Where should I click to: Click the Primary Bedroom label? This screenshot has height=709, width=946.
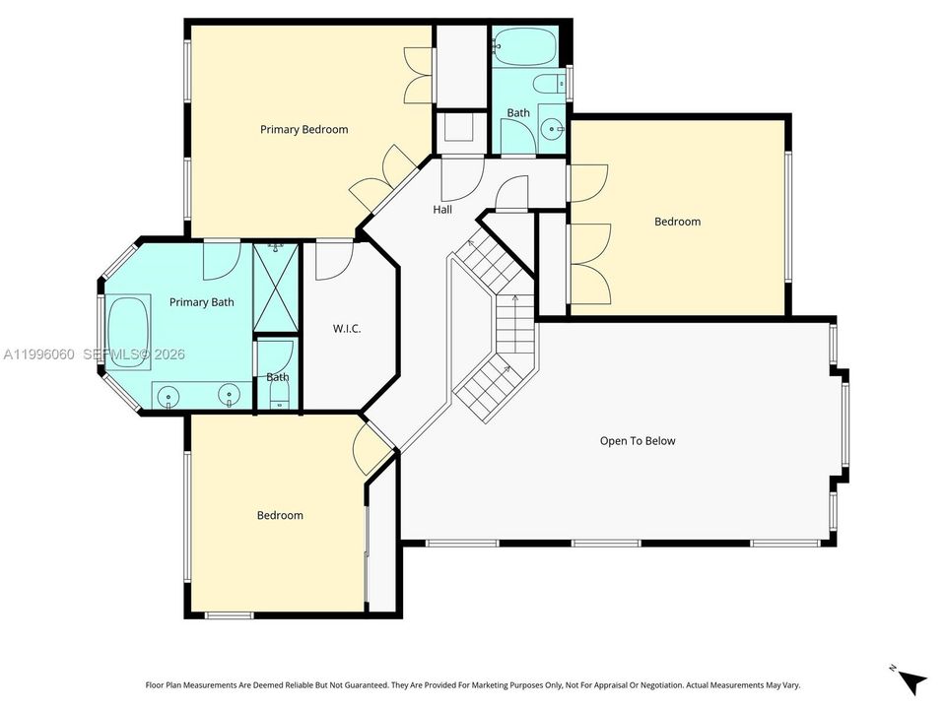[304, 130]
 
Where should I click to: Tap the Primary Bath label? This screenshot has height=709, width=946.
[201, 302]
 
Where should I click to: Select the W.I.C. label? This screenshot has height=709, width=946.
[347, 329]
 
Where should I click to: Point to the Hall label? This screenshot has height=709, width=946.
[442, 210]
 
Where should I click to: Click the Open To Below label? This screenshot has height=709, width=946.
[638, 441]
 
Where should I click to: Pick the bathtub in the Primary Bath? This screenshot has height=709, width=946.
[128, 332]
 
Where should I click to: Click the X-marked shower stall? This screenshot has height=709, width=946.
[276, 287]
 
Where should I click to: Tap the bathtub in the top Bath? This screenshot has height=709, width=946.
[525, 46]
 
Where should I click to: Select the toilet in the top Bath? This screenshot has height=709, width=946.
[550, 83]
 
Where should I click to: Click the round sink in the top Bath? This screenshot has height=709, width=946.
[552, 129]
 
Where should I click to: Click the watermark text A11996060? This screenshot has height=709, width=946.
[39, 354]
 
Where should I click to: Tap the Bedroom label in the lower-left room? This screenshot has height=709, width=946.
[280, 515]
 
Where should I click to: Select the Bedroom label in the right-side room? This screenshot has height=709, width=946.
[678, 222]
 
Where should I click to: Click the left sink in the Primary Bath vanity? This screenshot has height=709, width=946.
[169, 397]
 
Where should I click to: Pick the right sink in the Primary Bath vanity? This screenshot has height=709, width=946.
[229, 396]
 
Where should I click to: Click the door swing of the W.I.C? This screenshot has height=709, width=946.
[334, 260]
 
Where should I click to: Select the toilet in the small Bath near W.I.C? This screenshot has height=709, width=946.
[279, 397]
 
